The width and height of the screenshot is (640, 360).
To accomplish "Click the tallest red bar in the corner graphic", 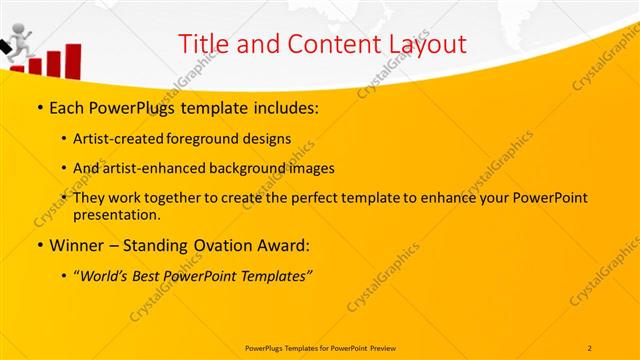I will click(x=73, y=59).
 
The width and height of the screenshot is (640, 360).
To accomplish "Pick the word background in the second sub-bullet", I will click(x=246, y=168).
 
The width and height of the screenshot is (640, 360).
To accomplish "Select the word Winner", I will click(x=77, y=245).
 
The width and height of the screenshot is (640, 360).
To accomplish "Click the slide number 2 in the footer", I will click(x=590, y=347).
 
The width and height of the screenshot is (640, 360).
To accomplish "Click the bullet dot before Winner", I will click(x=39, y=245).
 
